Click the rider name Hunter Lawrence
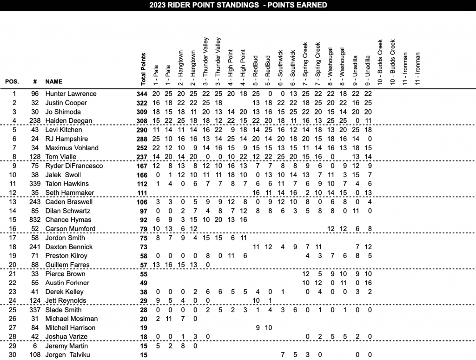coord(71,93)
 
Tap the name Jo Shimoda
coord(63,112)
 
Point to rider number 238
coord(33,120)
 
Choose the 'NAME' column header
coord(54,82)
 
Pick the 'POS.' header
coord(12,82)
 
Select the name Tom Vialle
coord(61,157)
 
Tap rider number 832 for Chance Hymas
coord(33,220)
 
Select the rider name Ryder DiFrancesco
coord(74,166)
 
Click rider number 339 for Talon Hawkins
coord(33,184)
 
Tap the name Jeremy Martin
coord(66,346)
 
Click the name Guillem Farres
coord(67,265)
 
